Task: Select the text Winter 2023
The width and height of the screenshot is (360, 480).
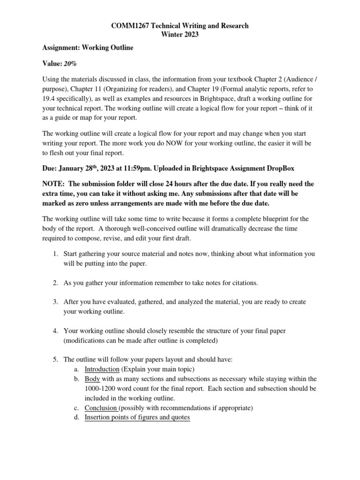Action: (180, 35)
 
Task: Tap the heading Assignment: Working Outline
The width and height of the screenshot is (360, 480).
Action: (88, 48)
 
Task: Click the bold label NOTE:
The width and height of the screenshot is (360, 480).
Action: (52, 183)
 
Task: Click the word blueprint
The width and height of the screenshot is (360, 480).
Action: (269, 219)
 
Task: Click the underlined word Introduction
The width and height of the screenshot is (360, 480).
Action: (102, 369)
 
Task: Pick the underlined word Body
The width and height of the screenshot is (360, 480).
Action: (92, 378)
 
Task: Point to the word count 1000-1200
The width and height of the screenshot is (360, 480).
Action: (104, 389)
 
